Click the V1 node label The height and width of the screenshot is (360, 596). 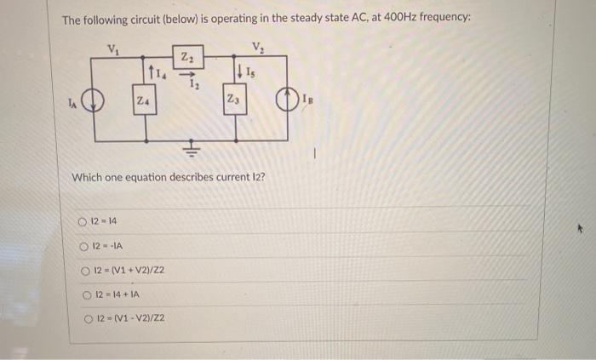[x=112, y=48]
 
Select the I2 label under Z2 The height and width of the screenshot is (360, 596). [x=194, y=84]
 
